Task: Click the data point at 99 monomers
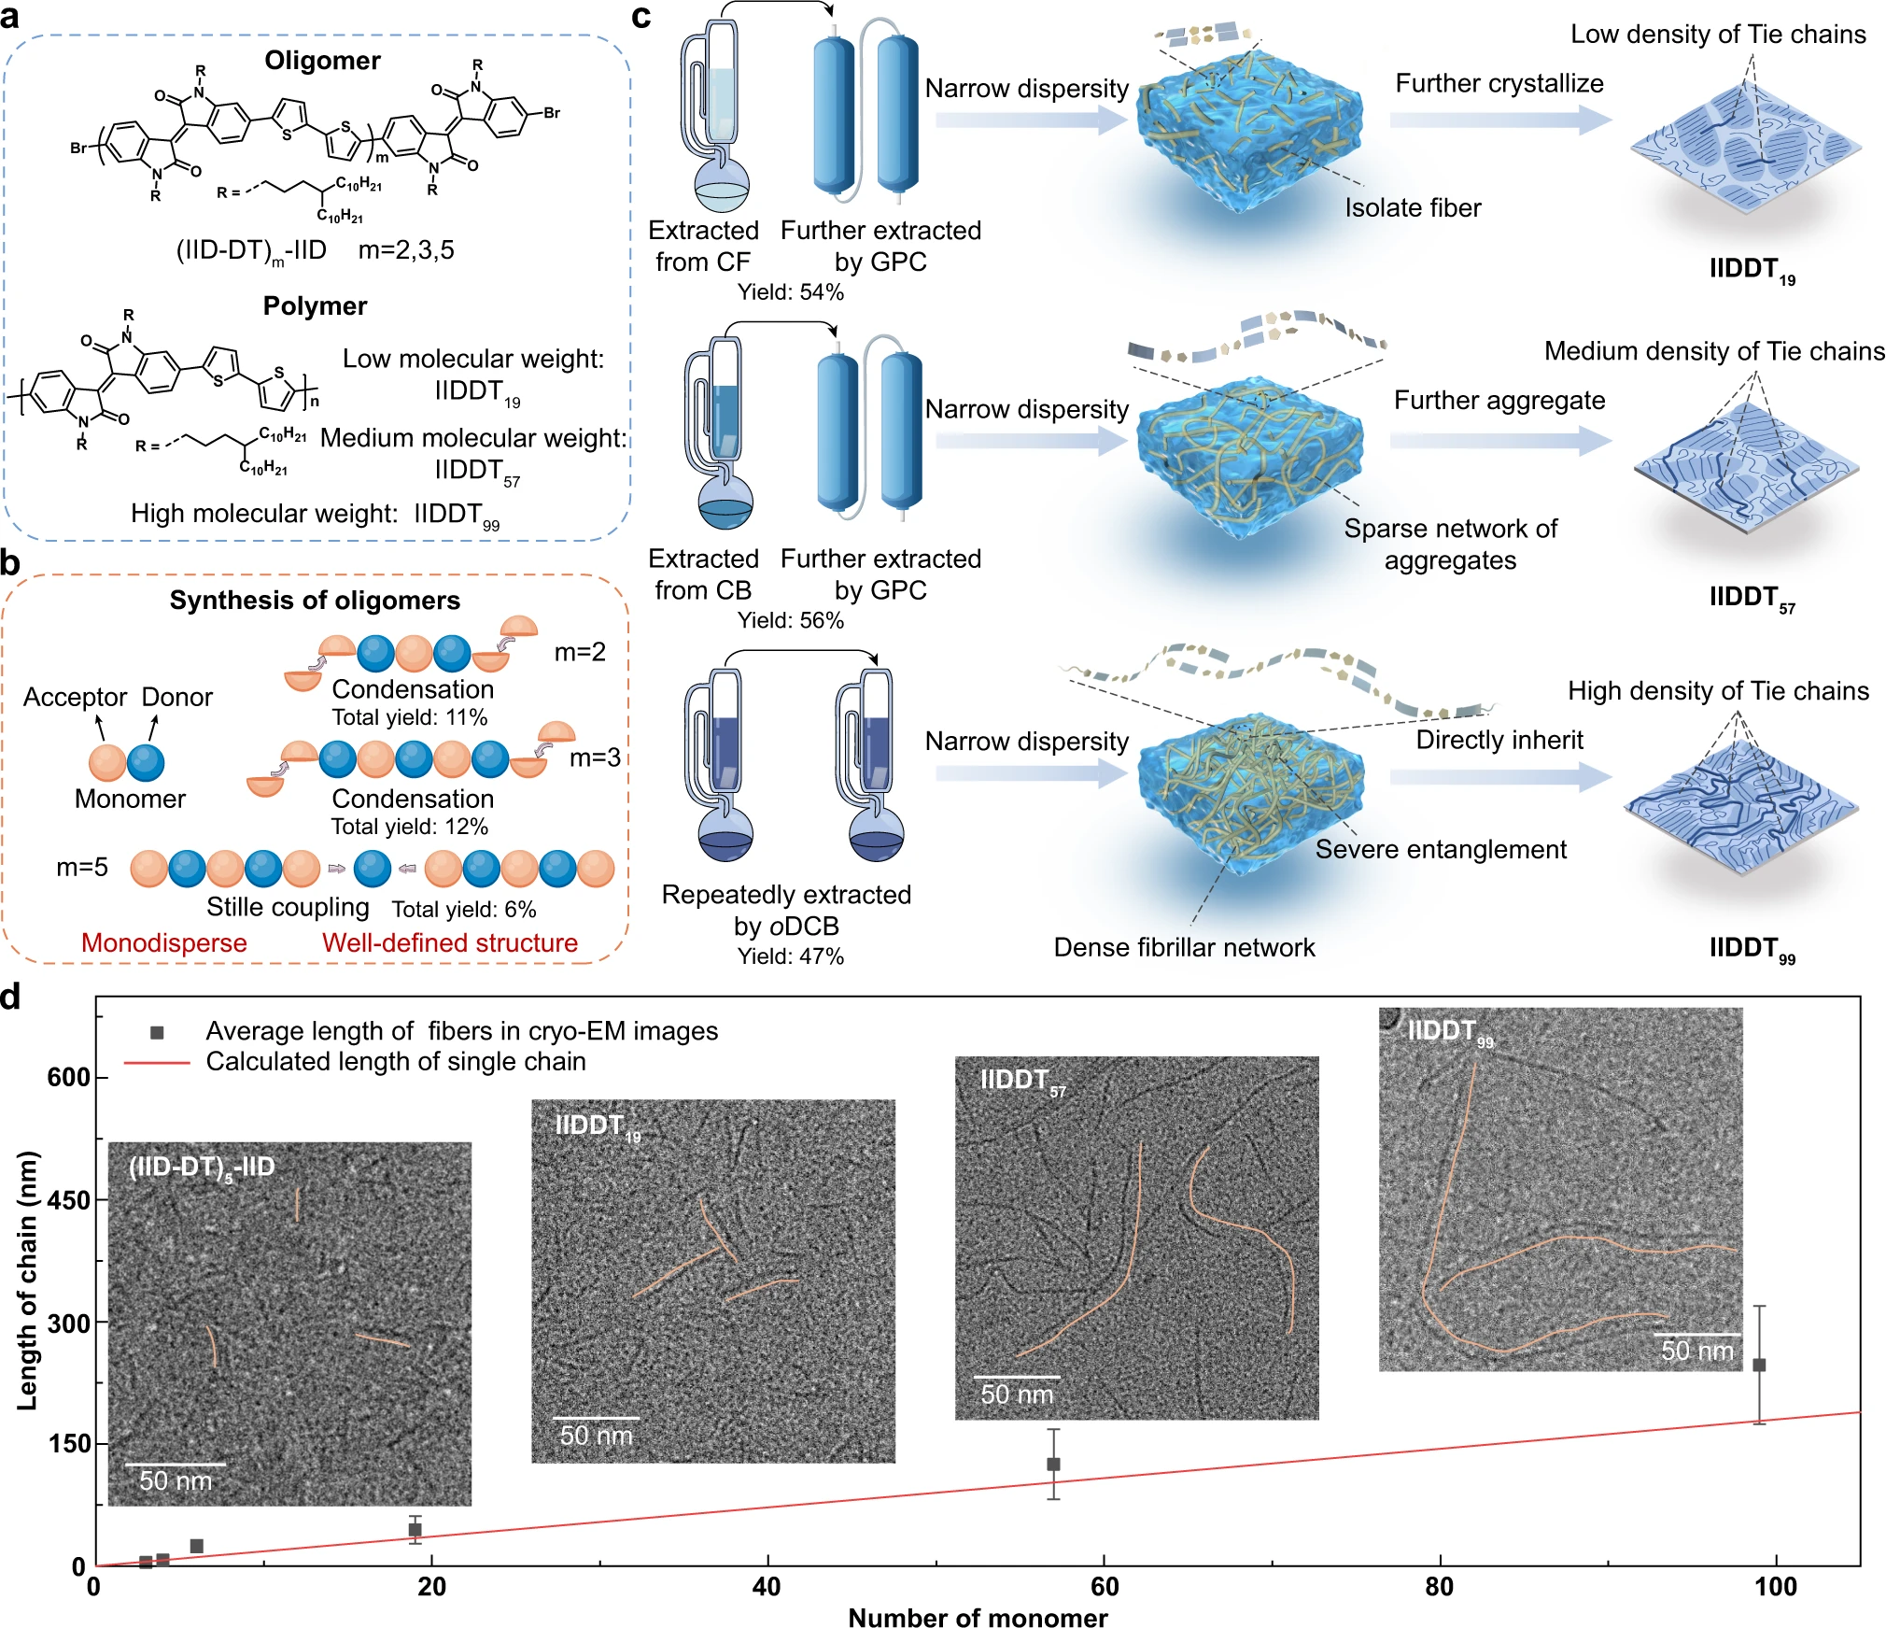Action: tap(1759, 1365)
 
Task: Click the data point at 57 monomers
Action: tap(1053, 1464)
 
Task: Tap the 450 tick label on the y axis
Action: tap(69, 1200)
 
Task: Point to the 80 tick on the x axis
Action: tap(1439, 1587)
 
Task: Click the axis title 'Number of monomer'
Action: tap(978, 1617)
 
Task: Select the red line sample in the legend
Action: tap(157, 1063)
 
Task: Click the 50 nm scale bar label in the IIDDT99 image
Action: tap(1696, 1351)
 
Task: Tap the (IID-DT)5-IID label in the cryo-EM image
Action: tap(202, 1168)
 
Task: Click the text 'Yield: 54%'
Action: tap(790, 292)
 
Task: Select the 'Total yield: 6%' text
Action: tap(463, 909)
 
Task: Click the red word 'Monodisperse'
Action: tap(164, 942)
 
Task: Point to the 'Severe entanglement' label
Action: tap(1441, 849)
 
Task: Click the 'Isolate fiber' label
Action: tap(1413, 207)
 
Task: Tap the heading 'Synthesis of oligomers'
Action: tap(315, 600)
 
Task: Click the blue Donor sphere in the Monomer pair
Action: tap(146, 762)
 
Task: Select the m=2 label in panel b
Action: tap(580, 651)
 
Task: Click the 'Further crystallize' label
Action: tap(1499, 83)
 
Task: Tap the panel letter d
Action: tap(11, 997)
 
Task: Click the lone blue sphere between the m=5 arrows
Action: tap(373, 868)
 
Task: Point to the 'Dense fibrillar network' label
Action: tap(1184, 947)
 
